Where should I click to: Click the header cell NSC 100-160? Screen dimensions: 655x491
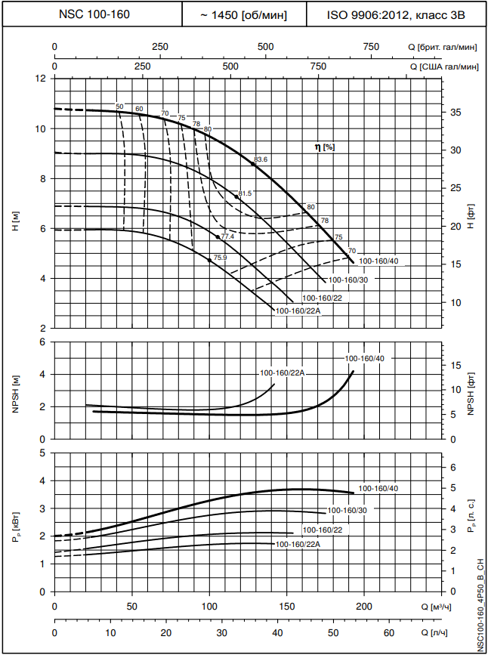click(x=94, y=14)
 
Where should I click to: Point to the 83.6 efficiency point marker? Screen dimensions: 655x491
click(x=254, y=162)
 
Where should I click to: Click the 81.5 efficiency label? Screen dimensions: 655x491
click(x=245, y=194)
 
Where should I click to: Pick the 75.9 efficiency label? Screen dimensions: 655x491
click(x=220, y=258)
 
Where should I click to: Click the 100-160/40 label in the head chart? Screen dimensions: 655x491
click(x=378, y=261)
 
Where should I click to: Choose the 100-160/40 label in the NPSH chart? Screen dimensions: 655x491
click(x=364, y=358)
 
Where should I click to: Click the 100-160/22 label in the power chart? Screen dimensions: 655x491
click(x=322, y=530)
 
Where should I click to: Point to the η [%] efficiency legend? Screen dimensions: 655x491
click(x=324, y=147)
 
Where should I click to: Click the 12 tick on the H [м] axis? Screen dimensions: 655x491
click(x=42, y=78)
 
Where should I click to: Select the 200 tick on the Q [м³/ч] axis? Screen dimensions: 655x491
click(x=364, y=607)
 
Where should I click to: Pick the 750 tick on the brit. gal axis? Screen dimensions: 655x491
click(x=371, y=47)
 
